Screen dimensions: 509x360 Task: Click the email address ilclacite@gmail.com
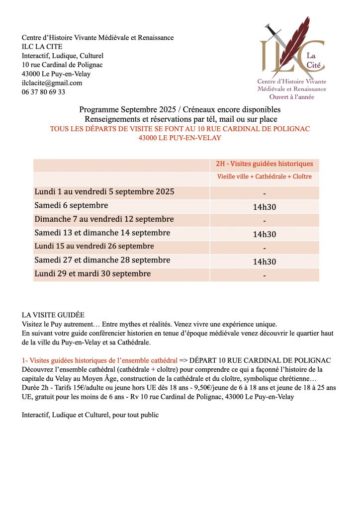(x=52, y=83)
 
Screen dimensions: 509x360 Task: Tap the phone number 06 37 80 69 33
(x=43, y=92)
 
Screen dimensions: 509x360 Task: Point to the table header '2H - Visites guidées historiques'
(x=264, y=164)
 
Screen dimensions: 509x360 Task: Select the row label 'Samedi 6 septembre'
(x=71, y=205)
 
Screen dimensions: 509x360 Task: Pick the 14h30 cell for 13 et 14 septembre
(x=264, y=234)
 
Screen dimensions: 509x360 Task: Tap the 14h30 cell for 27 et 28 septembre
(x=264, y=261)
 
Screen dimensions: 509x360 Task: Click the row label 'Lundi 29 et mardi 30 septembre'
(x=92, y=274)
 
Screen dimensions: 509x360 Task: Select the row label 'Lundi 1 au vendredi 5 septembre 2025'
(x=104, y=192)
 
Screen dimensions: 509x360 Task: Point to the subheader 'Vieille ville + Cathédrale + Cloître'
(x=264, y=177)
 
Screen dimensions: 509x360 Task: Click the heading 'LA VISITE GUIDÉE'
(x=53, y=315)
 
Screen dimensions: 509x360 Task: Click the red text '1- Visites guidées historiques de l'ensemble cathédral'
(x=99, y=360)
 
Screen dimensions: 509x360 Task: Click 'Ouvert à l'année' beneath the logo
(x=292, y=97)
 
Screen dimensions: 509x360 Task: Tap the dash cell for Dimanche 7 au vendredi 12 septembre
(x=264, y=220)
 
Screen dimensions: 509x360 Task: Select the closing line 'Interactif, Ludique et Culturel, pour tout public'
(x=90, y=415)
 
